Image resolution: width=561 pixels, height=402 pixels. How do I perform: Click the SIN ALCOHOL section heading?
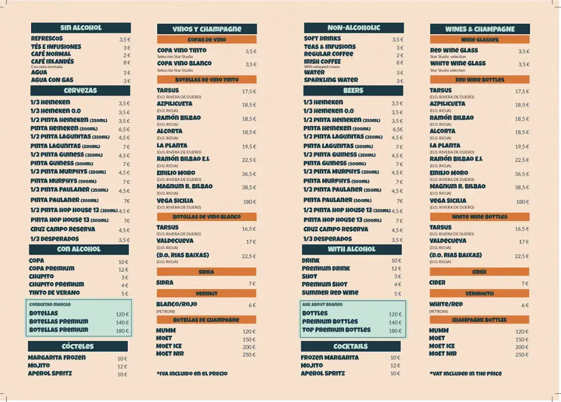click(81, 27)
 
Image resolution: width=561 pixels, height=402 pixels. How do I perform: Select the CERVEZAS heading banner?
click(81, 90)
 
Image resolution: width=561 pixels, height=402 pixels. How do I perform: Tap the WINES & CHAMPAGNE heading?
click(480, 29)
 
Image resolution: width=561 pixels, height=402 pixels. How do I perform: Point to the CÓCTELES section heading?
click(78, 347)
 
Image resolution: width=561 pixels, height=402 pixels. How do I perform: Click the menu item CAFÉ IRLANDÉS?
click(53, 62)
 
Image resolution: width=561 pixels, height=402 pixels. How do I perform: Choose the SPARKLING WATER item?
click(331, 80)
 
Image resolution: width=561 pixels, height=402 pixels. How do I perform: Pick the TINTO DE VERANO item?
click(54, 293)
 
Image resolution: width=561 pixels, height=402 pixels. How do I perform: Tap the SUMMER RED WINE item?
click(330, 293)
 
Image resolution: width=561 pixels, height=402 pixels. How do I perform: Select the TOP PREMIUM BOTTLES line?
click(336, 330)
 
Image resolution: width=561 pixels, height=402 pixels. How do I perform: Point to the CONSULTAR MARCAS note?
click(50, 304)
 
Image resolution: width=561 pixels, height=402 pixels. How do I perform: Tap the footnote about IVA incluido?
click(192, 373)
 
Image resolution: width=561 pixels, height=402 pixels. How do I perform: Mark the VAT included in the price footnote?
click(466, 373)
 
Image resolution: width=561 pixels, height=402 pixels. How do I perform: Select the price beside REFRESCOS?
click(124, 39)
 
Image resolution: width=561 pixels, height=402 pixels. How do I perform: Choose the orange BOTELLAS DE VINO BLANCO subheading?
click(207, 217)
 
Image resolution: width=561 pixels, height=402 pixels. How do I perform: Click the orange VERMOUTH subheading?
click(479, 294)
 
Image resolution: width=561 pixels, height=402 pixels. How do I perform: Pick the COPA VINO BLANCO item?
click(184, 64)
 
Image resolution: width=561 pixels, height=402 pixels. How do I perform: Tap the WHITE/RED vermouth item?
click(446, 304)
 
